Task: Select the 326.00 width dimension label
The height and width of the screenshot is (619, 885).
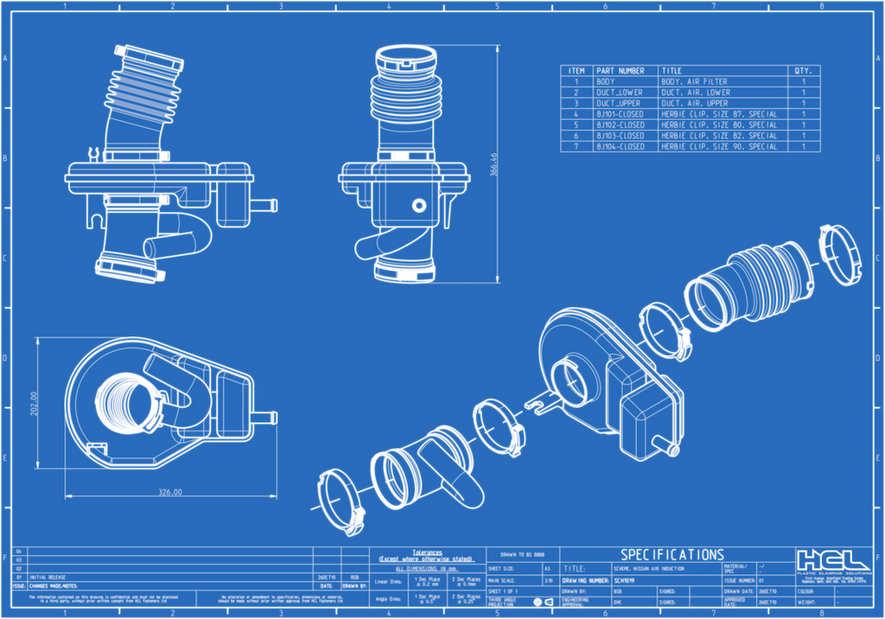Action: coord(169,492)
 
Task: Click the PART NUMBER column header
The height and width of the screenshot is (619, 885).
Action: coord(620,71)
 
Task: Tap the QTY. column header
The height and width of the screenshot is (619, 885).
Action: coord(803,71)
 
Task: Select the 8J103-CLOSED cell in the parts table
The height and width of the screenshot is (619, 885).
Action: coord(620,136)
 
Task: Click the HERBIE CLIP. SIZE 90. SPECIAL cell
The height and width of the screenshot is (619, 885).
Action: coord(719,147)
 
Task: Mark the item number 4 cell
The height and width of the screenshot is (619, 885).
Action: coord(576,114)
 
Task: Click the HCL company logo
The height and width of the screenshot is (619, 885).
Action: coord(833,559)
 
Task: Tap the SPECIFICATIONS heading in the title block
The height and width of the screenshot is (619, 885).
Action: coord(672,554)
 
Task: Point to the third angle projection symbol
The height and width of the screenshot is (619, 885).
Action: coord(543,601)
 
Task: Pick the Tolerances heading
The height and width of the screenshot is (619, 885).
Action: coord(427,551)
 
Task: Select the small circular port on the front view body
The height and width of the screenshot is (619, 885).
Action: coord(419,205)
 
